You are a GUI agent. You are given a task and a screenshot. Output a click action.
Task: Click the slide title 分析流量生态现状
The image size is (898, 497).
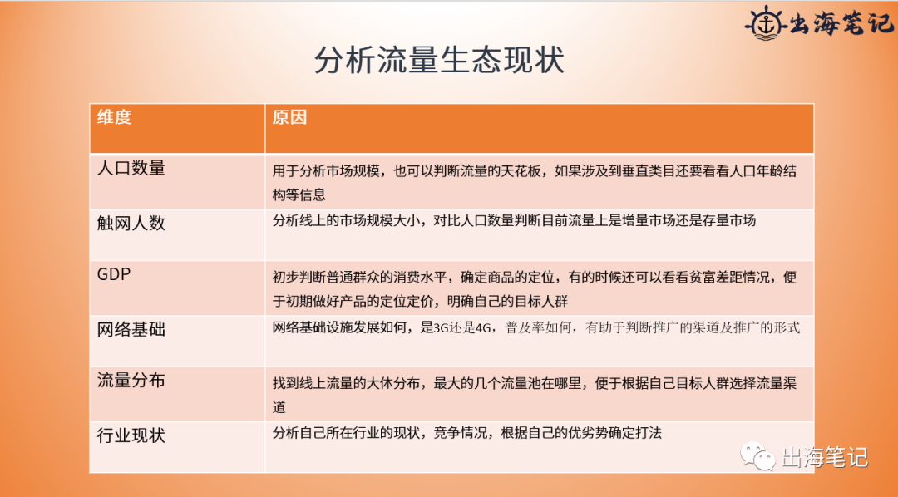[x=439, y=61]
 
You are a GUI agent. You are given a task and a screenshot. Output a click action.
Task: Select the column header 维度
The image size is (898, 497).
[x=115, y=117]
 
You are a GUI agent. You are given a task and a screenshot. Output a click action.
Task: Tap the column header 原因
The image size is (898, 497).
[x=289, y=117]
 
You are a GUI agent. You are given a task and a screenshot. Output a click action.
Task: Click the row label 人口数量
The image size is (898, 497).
[x=131, y=168]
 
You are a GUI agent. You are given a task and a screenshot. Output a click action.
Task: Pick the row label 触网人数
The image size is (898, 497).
[x=131, y=222]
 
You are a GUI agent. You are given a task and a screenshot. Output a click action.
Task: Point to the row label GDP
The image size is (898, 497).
[x=115, y=273]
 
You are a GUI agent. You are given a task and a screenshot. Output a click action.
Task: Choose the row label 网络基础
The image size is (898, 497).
[x=131, y=329]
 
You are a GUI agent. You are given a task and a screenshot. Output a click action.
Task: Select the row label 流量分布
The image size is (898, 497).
[x=131, y=380]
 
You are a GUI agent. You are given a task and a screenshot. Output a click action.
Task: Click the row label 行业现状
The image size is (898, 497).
[x=131, y=435]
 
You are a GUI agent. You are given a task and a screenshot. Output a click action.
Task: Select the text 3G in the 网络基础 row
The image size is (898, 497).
[x=442, y=327]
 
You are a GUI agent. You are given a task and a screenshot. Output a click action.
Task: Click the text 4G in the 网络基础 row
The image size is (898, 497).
[x=484, y=327]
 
